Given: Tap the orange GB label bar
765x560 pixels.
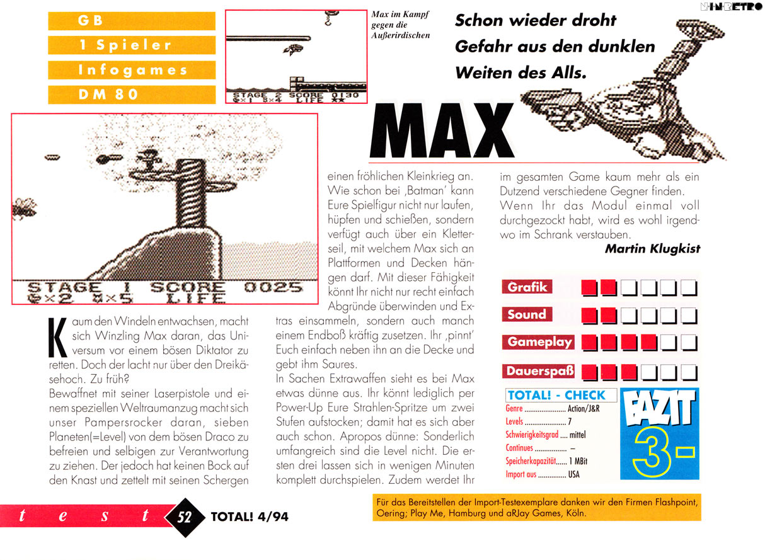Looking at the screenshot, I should (131, 20).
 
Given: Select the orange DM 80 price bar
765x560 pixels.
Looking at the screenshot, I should (131, 94).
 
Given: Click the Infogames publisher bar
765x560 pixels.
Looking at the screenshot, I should (131, 69).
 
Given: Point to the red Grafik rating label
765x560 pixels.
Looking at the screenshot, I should (527, 288).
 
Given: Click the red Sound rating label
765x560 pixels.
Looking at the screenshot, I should (527, 314).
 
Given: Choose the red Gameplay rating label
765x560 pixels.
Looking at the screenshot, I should (539, 342).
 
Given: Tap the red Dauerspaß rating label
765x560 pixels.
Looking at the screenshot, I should (541, 371).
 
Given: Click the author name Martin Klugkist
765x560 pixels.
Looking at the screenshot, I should (652, 249).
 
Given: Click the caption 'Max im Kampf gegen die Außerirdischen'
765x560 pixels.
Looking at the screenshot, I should (400, 25).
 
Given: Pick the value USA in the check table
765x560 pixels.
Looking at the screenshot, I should (573, 474).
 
